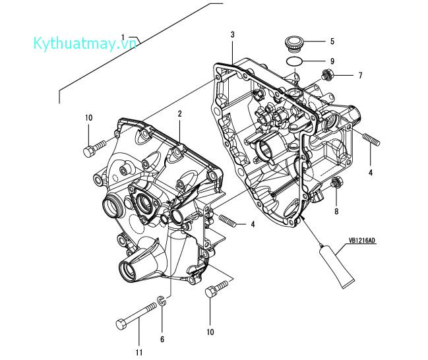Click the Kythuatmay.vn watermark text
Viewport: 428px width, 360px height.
tap(85, 44)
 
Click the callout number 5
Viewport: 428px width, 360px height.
tap(332, 42)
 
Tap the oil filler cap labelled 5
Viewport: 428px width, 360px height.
tap(293, 44)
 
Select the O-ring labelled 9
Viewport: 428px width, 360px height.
tap(294, 61)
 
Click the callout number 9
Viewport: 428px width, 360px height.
tap(332, 61)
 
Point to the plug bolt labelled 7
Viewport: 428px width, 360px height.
tap(326, 75)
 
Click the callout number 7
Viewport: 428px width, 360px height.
tap(360, 75)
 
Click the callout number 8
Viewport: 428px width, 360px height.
tap(336, 211)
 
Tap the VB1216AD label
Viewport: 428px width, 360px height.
tap(362, 241)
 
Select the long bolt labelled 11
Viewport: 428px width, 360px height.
tap(137, 316)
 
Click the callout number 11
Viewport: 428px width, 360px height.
tap(139, 352)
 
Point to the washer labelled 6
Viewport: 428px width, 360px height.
tap(162, 301)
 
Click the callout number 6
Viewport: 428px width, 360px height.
tap(162, 340)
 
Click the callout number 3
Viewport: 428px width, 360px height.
tap(232, 35)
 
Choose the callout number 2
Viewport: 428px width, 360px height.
tap(179, 113)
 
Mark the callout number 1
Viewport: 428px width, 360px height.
tap(123, 38)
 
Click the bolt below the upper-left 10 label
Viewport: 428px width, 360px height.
tap(94, 148)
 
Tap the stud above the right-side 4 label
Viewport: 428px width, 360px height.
tap(371, 139)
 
